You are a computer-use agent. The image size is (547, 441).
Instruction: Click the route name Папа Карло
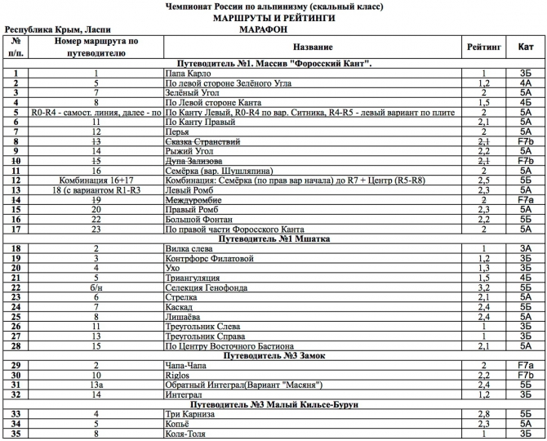(186, 73)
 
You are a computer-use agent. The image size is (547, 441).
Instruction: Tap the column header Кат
(525, 47)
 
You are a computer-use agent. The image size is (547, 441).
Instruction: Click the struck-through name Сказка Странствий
(202, 141)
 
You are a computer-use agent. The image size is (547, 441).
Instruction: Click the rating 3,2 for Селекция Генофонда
(483, 287)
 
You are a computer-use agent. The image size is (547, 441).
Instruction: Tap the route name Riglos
(177, 374)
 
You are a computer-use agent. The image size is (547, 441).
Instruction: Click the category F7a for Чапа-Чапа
(525, 364)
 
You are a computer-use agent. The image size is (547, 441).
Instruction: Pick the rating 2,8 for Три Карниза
(483, 413)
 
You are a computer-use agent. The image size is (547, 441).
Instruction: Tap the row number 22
(16, 287)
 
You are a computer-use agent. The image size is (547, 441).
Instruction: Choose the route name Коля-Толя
(185, 433)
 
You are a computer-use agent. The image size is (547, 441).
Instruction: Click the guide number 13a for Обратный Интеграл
(96, 384)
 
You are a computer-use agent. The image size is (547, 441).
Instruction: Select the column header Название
(312, 47)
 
